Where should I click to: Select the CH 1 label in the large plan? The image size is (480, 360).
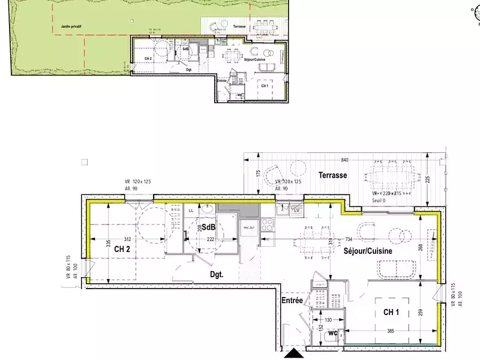(x=392, y=312)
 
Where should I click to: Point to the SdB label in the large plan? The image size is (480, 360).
(x=208, y=227)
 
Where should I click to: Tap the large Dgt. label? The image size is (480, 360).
(x=217, y=275)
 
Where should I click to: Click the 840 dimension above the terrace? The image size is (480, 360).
(x=344, y=161)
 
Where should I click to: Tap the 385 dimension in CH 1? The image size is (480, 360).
(x=391, y=331)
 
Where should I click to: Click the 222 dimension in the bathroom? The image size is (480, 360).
(x=211, y=239)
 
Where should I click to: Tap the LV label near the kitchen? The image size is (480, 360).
(x=296, y=210)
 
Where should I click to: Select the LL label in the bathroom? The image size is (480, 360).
(x=190, y=211)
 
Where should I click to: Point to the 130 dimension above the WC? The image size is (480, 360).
(x=329, y=319)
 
